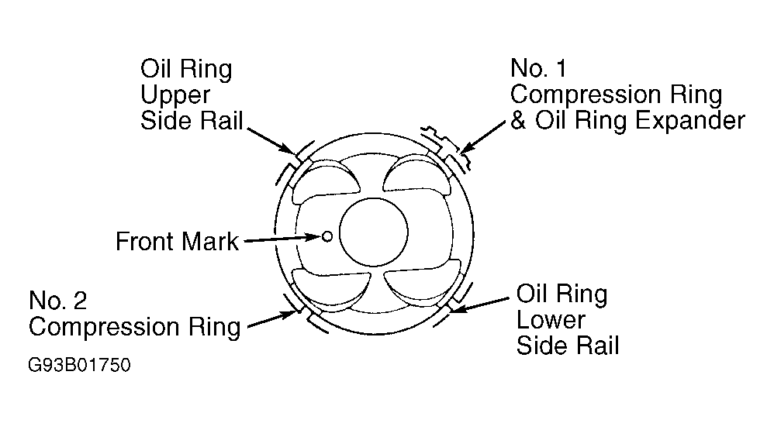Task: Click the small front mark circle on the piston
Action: click(x=327, y=237)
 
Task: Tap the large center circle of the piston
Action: click(x=374, y=232)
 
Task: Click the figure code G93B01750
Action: click(x=79, y=366)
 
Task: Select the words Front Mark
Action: click(x=177, y=242)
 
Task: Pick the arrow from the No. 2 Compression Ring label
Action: click(x=273, y=318)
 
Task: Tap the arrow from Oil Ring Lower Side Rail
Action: click(x=479, y=304)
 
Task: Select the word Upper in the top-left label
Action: click(x=175, y=95)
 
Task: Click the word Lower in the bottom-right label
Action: click(x=551, y=319)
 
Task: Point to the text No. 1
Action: click(x=538, y=68)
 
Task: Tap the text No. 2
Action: click(x=57, y=301)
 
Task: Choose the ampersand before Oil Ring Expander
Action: click(x=518, y=121)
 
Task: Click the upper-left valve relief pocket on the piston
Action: click(x=326, y=181)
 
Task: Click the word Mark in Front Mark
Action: click(x=210, y=242)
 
